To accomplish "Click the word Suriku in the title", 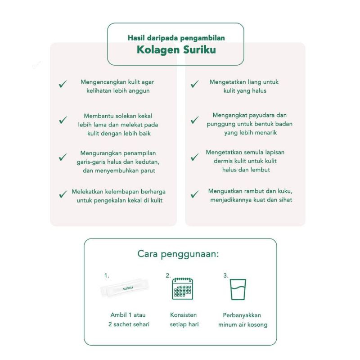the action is click(199, 49).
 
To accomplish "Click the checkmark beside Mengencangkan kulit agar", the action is click(63, 84).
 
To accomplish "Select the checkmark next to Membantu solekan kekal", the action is click(63, 120).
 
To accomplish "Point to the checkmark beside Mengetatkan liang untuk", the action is click(195, 84).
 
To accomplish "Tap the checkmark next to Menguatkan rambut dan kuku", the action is click(195, 194).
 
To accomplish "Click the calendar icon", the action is click(183, 288).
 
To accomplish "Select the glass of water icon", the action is click(238, 289).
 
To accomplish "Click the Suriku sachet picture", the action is click(125, 288).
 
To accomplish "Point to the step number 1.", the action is click(107, 275).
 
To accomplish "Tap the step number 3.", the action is click(226, 275).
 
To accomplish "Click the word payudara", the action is click(262, 116).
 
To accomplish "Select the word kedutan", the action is click(148, 162).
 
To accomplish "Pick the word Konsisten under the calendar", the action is click(184, 315).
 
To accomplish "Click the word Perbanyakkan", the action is click(242, 315).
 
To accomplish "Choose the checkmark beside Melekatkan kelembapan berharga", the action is click(63, 194).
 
